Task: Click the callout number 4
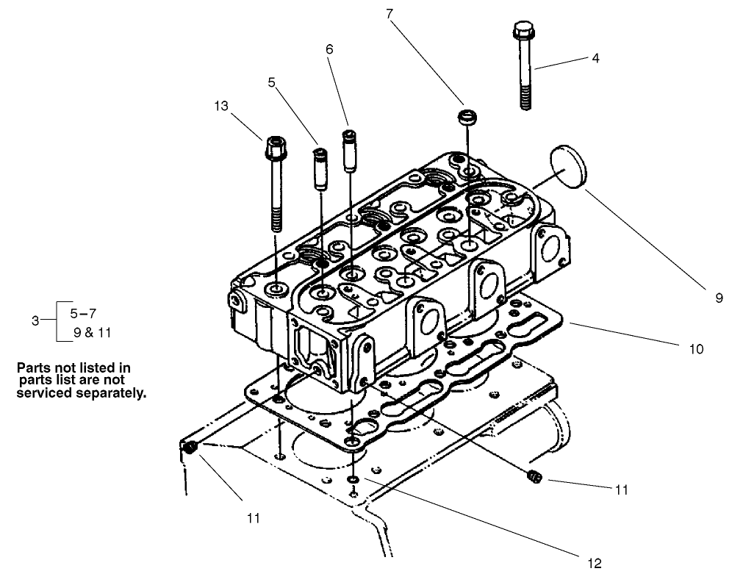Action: pyautogui.click(x=595, y=58)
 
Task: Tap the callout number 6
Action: pyautogui.click(x=329, y=49)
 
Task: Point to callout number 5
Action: pyautogui.click(x=272, y=84)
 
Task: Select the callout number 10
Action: pyautogui.click(x=696, y=348)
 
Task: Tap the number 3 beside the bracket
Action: pyautogui.click(x=35, y=320)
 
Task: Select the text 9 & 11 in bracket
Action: pyautogui.click(x=92, y=332)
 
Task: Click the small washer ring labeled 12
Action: pyautogui.click(x=354, y=481)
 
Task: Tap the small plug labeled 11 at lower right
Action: pyautogui.click(x=534, y=478)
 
